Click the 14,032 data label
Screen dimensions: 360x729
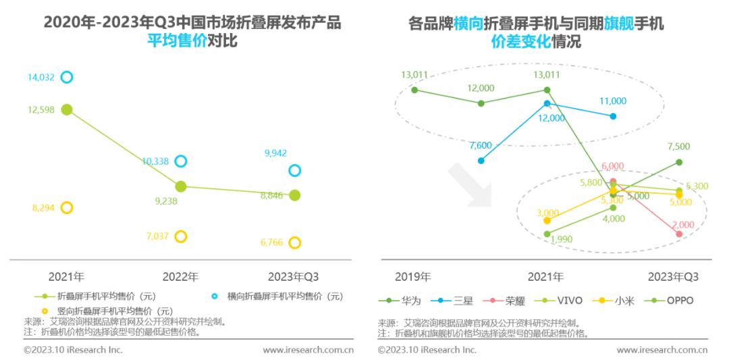40,77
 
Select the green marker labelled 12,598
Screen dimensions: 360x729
66,109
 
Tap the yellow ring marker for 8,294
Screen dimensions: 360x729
66,207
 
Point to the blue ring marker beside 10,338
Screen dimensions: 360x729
180,161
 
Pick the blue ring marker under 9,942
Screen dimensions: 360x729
294,170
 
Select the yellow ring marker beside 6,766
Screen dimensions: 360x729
294,242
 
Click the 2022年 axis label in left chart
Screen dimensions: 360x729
180,277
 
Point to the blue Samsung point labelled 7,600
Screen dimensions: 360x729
481,161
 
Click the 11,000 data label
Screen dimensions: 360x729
613,101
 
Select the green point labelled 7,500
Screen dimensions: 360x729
679,162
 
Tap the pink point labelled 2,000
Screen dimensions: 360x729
679,234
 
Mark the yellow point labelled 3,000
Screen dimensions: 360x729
547,220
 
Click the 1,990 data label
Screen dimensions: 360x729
562,239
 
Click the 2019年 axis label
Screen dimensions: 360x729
412,277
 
